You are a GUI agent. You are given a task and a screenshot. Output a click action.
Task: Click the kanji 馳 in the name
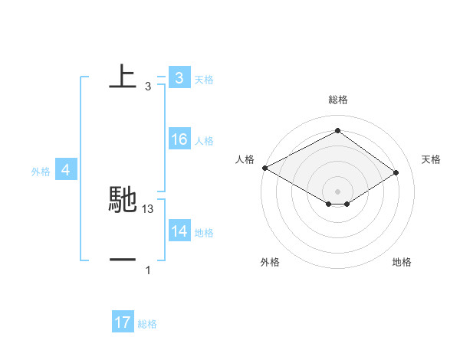click(123, 199)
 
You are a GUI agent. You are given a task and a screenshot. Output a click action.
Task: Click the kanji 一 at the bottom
click(123, 260)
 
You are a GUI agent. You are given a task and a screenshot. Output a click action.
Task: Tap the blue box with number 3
click(179, 77)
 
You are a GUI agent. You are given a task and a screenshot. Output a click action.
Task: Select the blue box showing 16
click(179, 139)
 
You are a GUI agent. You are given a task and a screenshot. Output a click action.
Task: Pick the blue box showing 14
click(179, 231)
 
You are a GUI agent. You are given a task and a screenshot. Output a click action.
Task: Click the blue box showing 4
click(65, 170)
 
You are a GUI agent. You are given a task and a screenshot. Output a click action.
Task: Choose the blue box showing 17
click(123, 322)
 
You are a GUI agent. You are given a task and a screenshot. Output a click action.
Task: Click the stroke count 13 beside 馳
click(148, 208)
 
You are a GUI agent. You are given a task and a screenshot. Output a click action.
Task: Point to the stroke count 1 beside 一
click(148, 270)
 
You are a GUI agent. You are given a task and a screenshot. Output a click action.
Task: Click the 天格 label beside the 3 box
click(204, 79)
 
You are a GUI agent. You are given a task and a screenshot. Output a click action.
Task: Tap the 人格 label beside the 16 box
click(204, 141)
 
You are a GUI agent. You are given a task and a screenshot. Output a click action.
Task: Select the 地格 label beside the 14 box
click(204, 233)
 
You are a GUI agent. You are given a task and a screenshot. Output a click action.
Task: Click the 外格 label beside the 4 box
click(41, 172)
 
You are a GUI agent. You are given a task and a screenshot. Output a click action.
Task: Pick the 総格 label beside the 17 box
click(147, 324)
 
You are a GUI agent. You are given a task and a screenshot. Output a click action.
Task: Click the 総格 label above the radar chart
click(337, 100)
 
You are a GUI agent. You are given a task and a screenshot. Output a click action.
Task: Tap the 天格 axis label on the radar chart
click(431, 159)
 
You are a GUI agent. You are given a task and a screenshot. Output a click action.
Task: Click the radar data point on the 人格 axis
click(264, 168)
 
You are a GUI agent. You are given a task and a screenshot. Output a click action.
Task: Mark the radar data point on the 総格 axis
click(337, 130)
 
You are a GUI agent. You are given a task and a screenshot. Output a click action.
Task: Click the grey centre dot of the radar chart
click(337, 191)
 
